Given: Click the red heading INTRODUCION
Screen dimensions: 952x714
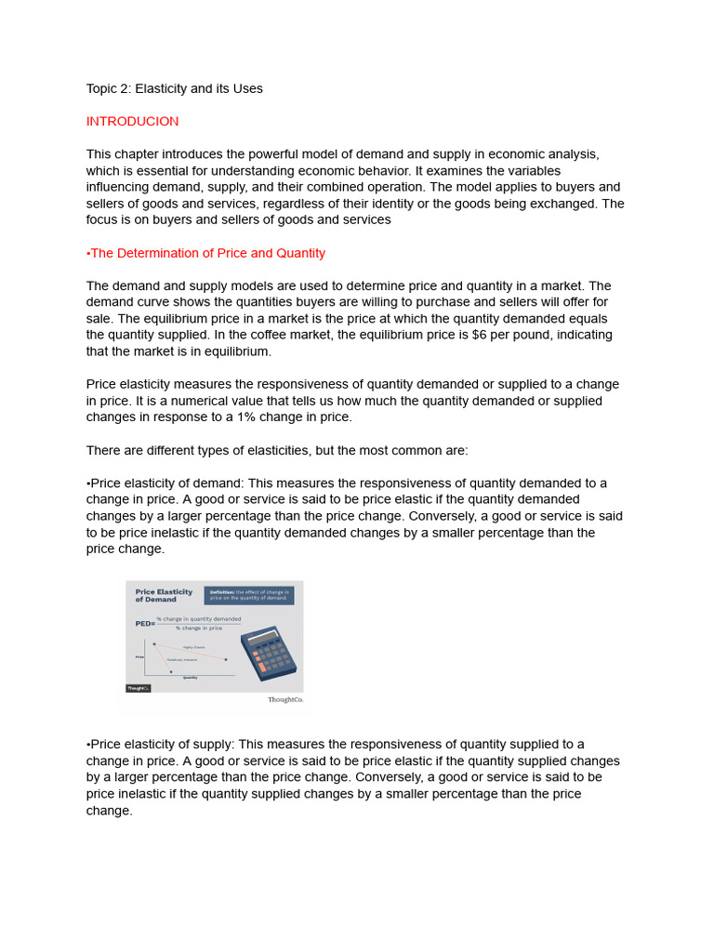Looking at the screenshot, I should (132, 122).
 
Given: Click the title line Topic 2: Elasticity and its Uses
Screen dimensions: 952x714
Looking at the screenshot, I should (174, 89).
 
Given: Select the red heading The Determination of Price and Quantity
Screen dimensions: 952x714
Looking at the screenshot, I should (205, 253).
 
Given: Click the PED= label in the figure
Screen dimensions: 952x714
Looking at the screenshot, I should (144, 624).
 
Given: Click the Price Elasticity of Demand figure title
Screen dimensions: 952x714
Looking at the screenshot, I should (164, 595).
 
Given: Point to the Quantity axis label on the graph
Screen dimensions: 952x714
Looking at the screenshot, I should (190, 678).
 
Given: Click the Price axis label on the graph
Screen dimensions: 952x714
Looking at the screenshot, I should (139, 656).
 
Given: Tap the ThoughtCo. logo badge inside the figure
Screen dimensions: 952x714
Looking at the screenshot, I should (138, 688).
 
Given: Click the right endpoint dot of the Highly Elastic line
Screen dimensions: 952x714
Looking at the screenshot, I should (226, 659).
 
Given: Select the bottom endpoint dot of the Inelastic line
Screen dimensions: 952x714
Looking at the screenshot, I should (171, 671).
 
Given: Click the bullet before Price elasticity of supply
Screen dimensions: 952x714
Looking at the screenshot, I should (88, 744).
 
